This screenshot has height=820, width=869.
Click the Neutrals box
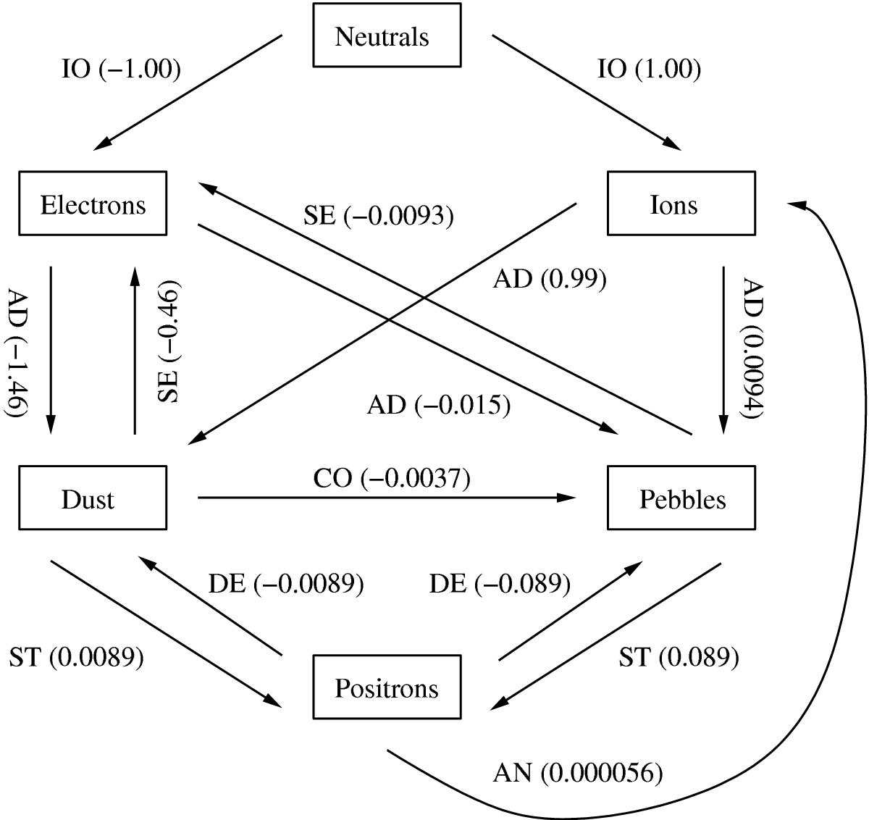387,35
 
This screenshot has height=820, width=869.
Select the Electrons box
93,203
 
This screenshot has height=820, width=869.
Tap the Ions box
681,203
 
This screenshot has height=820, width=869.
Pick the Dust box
93,498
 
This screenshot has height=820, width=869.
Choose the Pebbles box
681,498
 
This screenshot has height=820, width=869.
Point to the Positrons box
387,687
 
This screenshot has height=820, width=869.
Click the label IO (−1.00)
121,69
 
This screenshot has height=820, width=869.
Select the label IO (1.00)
650,69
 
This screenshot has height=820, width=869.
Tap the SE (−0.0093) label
379,215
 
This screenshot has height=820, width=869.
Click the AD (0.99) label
550,279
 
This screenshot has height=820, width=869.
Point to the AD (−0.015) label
439,405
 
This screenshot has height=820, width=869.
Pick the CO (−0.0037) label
392,478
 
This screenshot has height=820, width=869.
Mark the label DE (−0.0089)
286,584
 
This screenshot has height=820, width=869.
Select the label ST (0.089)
679,657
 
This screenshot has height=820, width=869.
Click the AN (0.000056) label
578,773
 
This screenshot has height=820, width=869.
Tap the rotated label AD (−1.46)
17,353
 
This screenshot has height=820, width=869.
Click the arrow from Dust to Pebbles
387,498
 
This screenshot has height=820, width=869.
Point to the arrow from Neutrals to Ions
587,93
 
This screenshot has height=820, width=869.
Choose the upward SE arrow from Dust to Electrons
135,351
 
